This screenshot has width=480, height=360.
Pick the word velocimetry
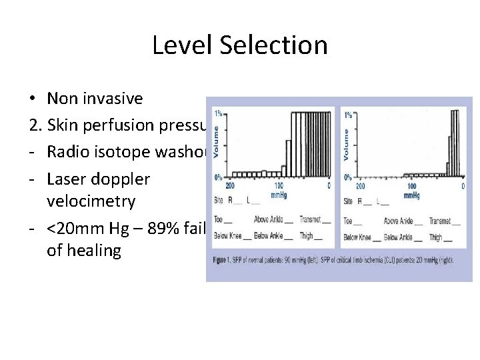pos(91,201)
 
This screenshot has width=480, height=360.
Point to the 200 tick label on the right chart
pos(360,186)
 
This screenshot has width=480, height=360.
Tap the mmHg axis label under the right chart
pos(411,195)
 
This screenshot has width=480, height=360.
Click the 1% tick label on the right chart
pos(348,115)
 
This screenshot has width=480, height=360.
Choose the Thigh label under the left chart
pos(306,237)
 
